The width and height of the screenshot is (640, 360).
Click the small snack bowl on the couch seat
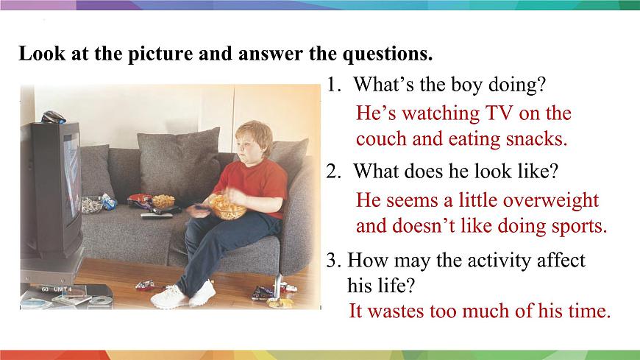click(x=163, y=201)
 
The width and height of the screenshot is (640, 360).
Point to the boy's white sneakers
click(x=184, y=296)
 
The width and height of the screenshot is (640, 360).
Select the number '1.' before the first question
click(x=335, y=85)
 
